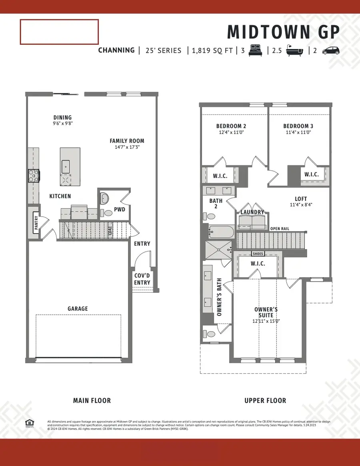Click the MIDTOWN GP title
click(284, 32)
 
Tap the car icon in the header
click(331, 50)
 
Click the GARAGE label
click(78, 309)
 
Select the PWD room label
click(120, 209)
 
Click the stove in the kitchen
click(33, 175)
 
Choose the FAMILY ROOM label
click(127, 141)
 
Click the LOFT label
click(301, 199)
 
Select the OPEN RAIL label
click(280, 229)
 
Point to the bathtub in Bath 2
click(221, 232)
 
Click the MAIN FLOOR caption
click(92, 400)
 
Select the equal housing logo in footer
click(29, 423)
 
